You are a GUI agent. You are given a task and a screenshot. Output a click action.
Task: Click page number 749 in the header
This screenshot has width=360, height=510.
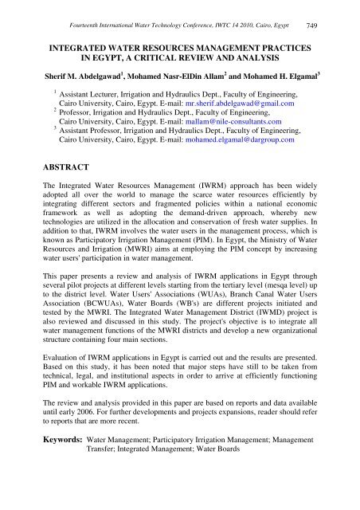[338, 9]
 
